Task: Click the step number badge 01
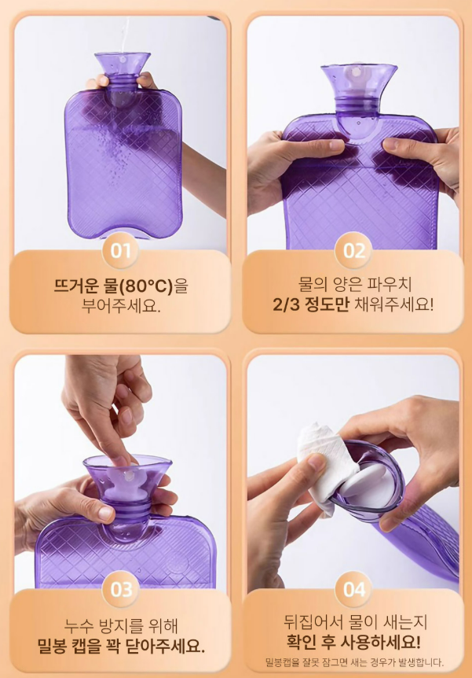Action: click(x=120, y=251)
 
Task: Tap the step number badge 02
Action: click(x=354, y=251)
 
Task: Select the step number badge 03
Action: click(x=122, y=590)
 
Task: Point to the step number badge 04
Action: click(x=354, y=589)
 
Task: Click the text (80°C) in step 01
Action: click(x=145, y=286)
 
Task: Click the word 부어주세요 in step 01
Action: click(x=121, y=306)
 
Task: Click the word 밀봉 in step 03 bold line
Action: click(x=53, y=646)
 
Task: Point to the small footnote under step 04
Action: click(x=354, y=662)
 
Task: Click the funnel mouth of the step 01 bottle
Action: click(x=123, y=59)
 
